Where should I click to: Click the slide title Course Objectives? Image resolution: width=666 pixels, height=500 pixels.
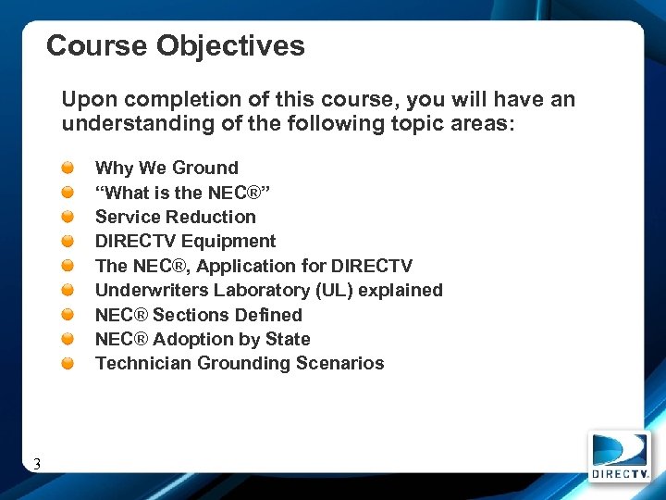(x=176, y=46)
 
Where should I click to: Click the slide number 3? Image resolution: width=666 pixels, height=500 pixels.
(x=36, y=464)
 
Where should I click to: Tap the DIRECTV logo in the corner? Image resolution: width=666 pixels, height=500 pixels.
(x=619, y=456)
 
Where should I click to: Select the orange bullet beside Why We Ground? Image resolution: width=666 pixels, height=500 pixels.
(x=69, y=168)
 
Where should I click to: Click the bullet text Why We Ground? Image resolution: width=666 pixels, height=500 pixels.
(x=166, y=168)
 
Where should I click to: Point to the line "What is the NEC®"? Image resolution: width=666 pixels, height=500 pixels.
(x=182, y=193)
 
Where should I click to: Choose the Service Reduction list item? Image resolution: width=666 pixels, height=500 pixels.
(x=176, y=217)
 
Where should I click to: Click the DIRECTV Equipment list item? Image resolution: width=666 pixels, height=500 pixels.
(x=185, y=241)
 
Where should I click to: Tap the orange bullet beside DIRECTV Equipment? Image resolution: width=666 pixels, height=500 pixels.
(x=69, y=242)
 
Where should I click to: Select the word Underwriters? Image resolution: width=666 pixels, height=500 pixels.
(x=151, y=290)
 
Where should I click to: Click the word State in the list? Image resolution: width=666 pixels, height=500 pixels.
(x=287, y=339)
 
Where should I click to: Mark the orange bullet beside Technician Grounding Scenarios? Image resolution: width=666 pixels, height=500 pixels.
(x=69, y=364)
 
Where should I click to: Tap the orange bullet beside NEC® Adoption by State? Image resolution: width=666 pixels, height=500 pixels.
(x=69, y=340)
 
